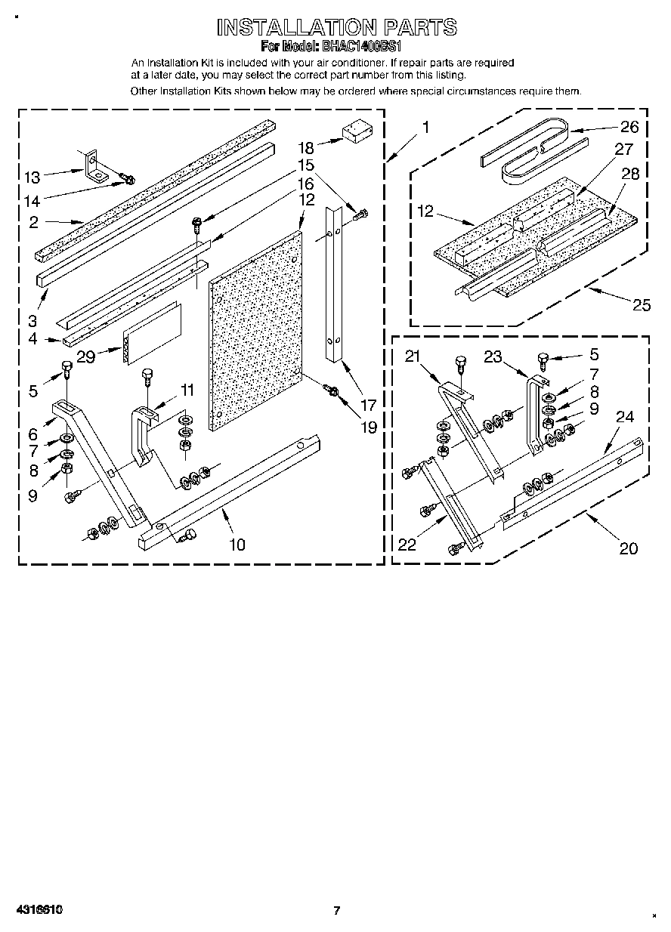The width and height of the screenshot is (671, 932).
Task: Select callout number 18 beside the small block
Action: [x=306, y=147]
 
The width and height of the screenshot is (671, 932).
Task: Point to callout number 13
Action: [x=32, y=177]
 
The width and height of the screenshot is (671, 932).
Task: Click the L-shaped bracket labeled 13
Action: [x=96, y=167]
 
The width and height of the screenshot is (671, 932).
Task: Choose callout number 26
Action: [x=629, y=127]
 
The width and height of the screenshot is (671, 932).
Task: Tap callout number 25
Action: [x=641, y=305]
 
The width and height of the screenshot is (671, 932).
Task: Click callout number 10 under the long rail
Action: [x=237, y=544]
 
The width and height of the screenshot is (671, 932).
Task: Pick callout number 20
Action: [x=628, y=548]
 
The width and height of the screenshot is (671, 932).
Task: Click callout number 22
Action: [x=407, y=545]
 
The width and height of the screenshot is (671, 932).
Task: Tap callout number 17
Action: [x=368, y=405]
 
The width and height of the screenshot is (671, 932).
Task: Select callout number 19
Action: [x=368, y=427]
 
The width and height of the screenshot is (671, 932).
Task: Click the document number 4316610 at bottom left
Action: [x=37, y=910]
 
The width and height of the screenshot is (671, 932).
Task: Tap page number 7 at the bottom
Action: [x=337, y=911]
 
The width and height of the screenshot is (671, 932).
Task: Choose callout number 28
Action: [x=629, y=174]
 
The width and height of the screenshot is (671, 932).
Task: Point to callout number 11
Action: [x=187, y=390]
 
